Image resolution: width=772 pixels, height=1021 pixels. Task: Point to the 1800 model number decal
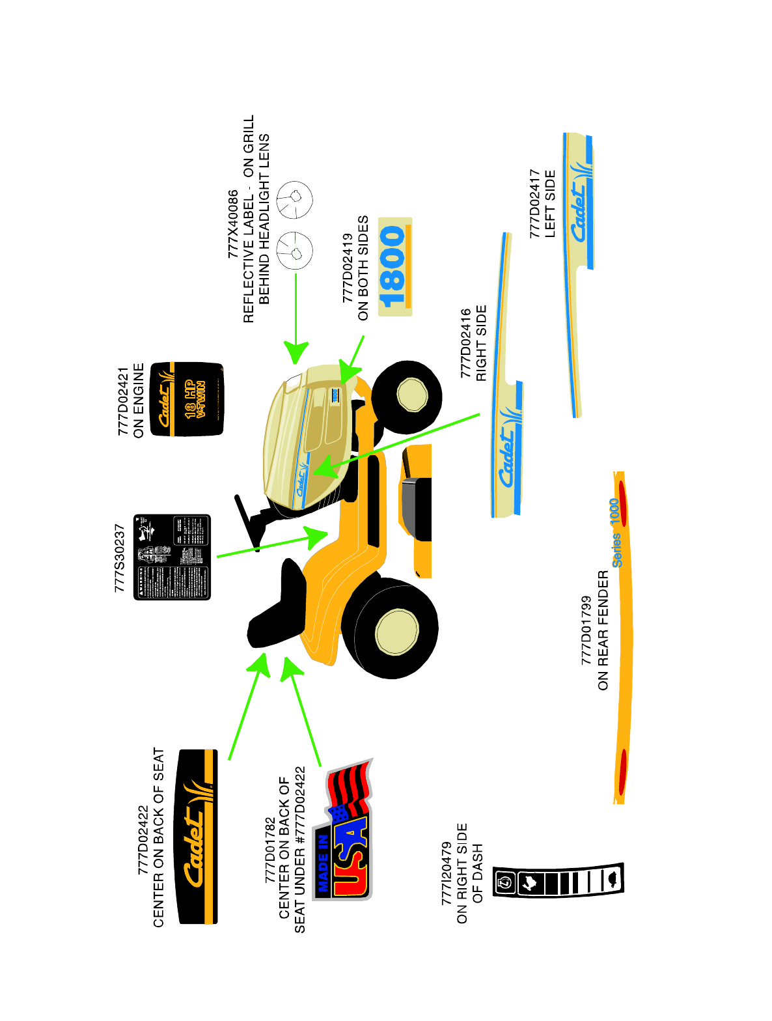point(394,267)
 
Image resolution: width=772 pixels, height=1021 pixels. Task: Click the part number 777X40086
point(233,225)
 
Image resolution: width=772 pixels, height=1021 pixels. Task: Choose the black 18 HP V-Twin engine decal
point(187,399)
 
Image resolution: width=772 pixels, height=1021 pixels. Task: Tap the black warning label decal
point(172,557)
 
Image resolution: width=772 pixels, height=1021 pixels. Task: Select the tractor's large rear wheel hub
point(396,631)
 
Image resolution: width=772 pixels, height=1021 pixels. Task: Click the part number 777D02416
point(465,343)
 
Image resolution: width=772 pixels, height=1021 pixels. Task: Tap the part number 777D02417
point(534,203)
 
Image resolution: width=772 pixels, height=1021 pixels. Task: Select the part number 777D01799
point(586,630)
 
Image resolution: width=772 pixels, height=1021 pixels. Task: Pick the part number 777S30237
point(120,558)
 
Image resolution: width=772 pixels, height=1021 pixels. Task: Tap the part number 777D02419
point(348,268)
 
